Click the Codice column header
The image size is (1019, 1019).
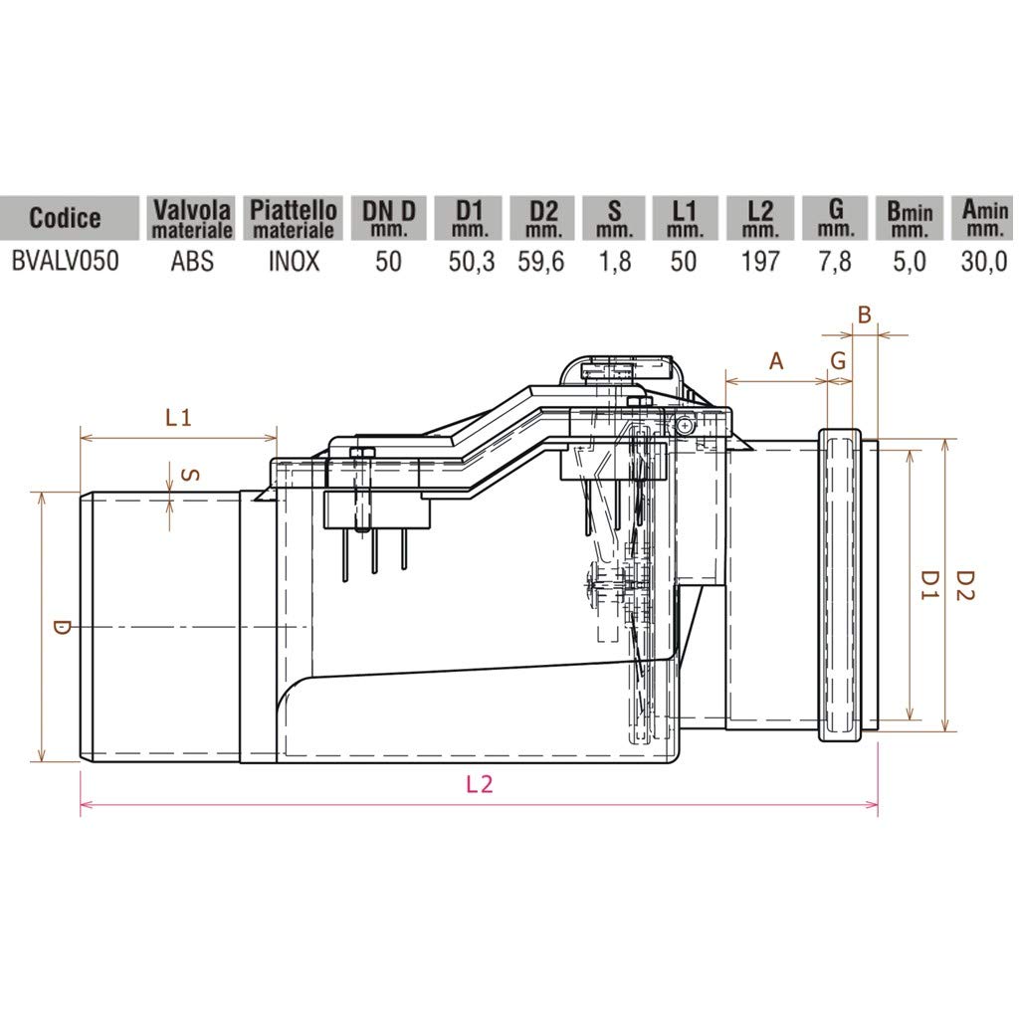(x=65, y=218)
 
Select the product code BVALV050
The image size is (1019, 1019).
(x=65, y=264)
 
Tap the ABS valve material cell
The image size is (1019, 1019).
(x=191, y=264)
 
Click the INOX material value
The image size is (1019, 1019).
(x=293, y=264)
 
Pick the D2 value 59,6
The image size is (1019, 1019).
(x=543, y=264)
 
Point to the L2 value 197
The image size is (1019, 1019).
(x=760, y=264)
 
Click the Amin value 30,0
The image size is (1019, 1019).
(x=985, y=264)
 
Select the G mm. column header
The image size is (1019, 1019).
(x=836, y=218)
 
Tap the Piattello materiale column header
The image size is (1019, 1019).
(x=293, y=218)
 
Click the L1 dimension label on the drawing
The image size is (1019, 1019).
(x=178, y=418)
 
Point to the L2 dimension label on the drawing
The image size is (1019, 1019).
(x=480, y=784)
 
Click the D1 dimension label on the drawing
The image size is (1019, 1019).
(x=928, y=584)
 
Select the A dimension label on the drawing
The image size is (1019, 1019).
(x=777, y=361)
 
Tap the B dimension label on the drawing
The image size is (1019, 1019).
(x=864, y=316)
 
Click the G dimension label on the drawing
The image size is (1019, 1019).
(x=839, y=361)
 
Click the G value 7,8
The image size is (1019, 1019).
(x=836, y=264)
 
